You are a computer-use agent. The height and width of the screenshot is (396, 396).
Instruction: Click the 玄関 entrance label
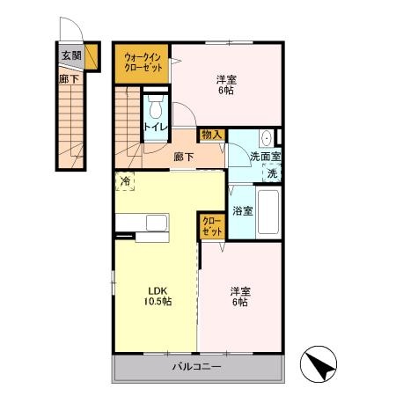click(71, 55)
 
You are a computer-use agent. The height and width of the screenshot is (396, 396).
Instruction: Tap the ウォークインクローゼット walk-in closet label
click(143, 62)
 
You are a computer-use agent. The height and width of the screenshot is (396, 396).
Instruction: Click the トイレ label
click(156, 128)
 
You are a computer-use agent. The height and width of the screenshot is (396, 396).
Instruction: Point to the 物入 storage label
click(211, 136)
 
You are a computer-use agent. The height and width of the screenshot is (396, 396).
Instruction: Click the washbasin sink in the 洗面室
click(267, 138)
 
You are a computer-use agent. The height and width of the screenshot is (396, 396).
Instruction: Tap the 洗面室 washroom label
click(265, 157)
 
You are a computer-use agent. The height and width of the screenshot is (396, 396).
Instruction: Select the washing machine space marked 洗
click(272, 173)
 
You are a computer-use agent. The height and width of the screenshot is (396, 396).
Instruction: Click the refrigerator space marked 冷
click(125, 181)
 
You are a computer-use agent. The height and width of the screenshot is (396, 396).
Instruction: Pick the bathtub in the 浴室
click(268, 212)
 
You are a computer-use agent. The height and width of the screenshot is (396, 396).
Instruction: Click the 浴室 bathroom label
click(242, 211)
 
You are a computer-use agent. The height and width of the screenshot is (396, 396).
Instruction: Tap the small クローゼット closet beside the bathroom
click(212, 226)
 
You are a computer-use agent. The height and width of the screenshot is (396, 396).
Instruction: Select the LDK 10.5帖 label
click(158, 296)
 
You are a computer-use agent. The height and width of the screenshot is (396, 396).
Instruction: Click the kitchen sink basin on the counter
click(158, 223)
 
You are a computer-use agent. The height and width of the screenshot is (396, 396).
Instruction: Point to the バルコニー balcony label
click(196, 367)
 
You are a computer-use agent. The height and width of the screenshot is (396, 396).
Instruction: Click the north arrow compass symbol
click(319, 364)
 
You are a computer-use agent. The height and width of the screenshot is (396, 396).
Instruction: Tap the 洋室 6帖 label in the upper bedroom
click(226, 84)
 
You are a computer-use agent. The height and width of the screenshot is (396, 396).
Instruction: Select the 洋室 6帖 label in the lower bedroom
click(240, 297)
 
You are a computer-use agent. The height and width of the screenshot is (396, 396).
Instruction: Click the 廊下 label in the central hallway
click(184, 157)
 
